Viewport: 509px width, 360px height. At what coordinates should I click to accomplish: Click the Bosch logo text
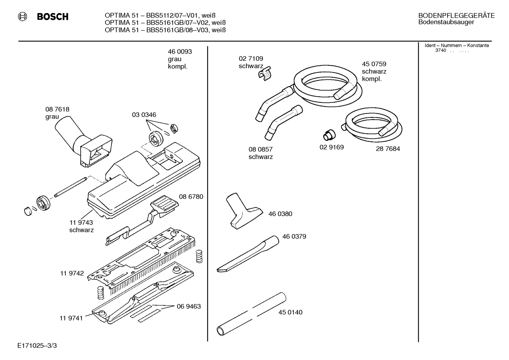point(52,17)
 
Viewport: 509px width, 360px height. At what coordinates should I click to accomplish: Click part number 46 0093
point(180,52)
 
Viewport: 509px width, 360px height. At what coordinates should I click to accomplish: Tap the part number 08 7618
point(57,110)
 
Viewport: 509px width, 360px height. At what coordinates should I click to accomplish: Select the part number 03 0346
point(144,115)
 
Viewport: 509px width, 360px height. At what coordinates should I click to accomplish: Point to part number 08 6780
point(191,197)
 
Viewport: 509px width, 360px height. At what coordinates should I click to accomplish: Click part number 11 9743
point(81,223)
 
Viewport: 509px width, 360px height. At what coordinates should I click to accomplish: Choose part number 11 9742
point(72,273)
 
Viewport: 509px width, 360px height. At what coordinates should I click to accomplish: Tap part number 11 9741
point(71,318)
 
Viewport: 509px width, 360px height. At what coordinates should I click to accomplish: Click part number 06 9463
point(188,306)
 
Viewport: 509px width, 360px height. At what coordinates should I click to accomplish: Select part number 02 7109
point(251,59)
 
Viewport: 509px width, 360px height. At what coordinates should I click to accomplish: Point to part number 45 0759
point(374,64)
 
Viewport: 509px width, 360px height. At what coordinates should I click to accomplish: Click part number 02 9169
point(331,147)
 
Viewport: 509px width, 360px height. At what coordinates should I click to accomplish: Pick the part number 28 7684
point(388,149)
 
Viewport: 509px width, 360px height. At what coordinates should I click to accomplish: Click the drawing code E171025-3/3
point(37,345)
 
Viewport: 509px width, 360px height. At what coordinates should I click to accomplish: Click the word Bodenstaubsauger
point(446,22)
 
